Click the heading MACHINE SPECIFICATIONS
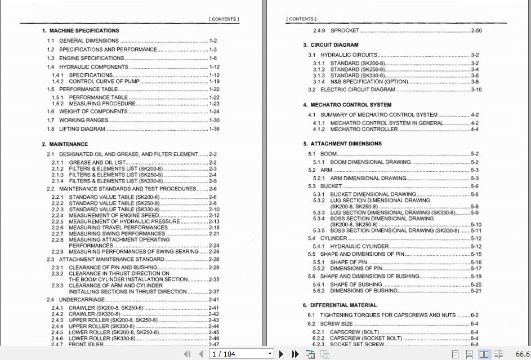(84, 30)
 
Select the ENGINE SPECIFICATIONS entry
(92, 58)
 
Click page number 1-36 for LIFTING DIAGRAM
(214, 129)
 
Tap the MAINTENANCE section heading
(68, 144)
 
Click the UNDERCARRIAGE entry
(82, 300)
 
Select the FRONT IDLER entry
(87, 344)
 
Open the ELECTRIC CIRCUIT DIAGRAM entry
(358, 90)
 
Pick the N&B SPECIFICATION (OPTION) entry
(369, 82)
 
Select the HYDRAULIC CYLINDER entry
(359, 246)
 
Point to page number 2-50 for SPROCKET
(476, 30)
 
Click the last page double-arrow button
(295, 354)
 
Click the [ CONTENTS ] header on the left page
(224, 19)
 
